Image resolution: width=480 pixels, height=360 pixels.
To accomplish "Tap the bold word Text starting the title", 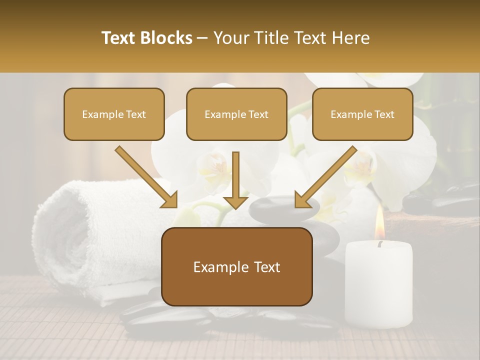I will pyautogui.click(x=120, y=38).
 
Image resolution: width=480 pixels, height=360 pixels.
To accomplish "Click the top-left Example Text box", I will pyautogui.click(x=114, y=114).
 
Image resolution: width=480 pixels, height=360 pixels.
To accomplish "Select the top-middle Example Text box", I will pyautogui.click(x=236, y=114).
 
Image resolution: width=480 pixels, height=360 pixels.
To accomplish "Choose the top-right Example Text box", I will pyautogui.click(x=362, y=114).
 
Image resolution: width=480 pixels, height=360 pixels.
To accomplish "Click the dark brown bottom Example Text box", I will pyautogui.click(x=236, y=267).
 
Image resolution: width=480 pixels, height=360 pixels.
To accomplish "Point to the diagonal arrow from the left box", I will pyautogui.click(x=146, y=177).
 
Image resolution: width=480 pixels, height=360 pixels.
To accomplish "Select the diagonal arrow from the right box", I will pyautogui.click(x=325, y=177).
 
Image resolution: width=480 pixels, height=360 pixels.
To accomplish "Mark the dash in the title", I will pyautogui.click(x=202, y=38).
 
